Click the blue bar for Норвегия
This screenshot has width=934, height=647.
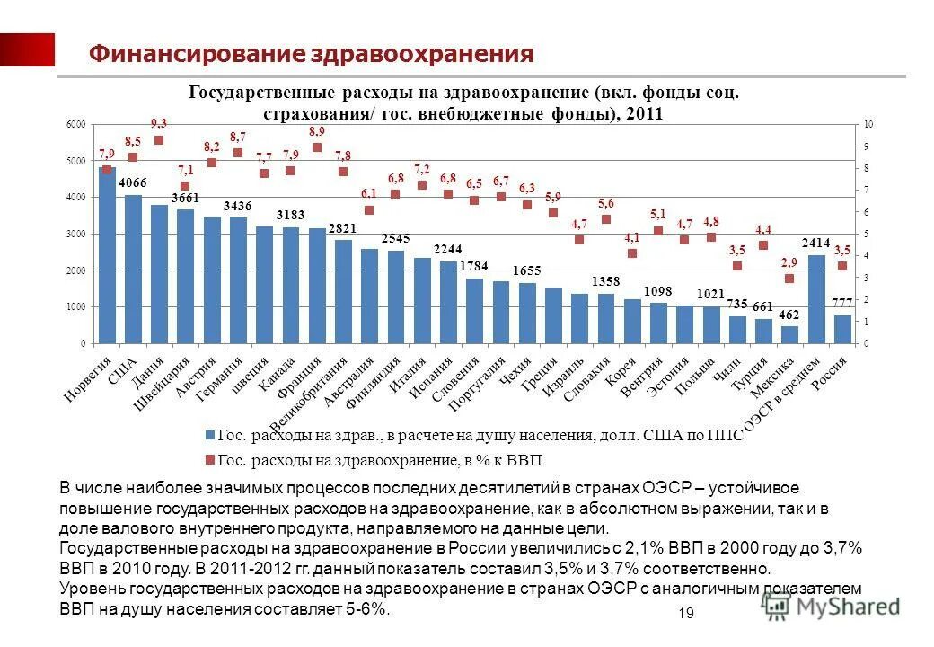[x=107, y=256]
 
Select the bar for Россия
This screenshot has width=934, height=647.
[x=842, y=329]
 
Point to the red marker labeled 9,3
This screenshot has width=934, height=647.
[x=159, y=140]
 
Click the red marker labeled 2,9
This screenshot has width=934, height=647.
[x=789, y=279]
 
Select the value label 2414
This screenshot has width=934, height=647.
[x=815, y=244]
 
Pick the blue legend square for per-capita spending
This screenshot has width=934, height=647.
[x=209, y=435]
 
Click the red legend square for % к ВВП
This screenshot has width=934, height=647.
[x=209, y=459]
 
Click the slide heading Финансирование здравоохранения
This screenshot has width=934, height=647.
[x=311, y=55]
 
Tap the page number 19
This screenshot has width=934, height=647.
[x=687, y=613]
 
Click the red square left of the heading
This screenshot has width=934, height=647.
[x=27, y=50]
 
